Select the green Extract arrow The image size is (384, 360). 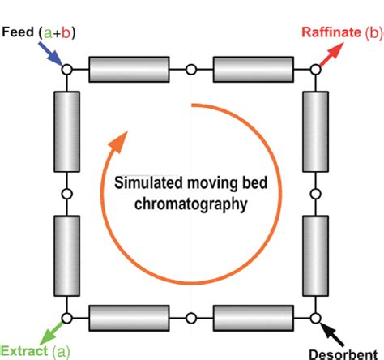54,328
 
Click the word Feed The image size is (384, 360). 18,33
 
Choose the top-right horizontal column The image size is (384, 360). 253,70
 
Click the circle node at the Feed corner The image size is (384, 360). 66,70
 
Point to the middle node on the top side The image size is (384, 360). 190,70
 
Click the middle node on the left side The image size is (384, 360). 66,193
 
